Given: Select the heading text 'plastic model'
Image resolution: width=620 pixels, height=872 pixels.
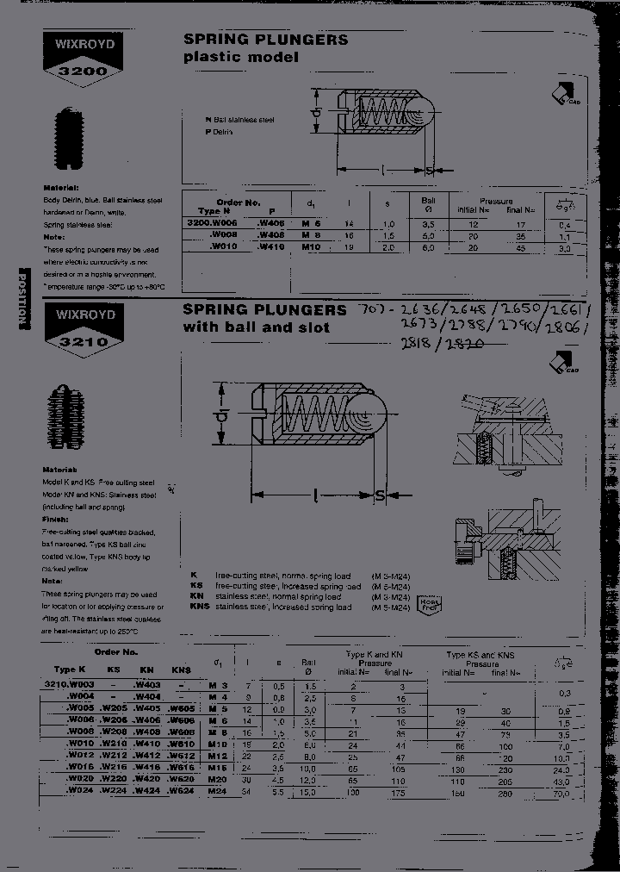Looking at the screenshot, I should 240,58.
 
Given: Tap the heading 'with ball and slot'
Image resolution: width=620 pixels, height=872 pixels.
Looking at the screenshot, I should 256,327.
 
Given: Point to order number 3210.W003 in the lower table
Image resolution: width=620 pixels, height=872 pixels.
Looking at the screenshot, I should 67,684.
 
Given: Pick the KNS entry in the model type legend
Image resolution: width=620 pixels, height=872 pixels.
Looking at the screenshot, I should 200,607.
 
